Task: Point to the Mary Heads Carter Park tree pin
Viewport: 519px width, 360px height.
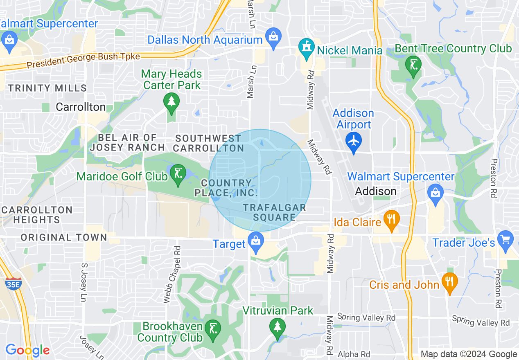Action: [x=171, y=101]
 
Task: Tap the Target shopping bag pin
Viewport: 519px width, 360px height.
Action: [x=256, y=241]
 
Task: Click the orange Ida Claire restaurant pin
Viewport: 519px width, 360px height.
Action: [x=391, y=219]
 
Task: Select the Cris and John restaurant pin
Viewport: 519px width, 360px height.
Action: [x=449, y=282]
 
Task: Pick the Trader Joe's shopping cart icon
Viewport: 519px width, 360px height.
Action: [x=505, y=239]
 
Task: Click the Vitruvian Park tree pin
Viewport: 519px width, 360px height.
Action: [x=278, y=328]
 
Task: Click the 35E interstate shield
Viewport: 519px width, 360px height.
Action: [x=14, y=284]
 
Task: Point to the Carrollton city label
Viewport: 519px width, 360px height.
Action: [x=81, y=107]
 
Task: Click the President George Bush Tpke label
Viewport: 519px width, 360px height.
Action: [x=83, y=61]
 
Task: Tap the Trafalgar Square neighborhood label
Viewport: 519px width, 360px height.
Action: [x=274, y=212]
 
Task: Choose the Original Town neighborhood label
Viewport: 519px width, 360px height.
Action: [x=64, y=237]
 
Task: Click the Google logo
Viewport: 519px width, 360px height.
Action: [x=27, y=350]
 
